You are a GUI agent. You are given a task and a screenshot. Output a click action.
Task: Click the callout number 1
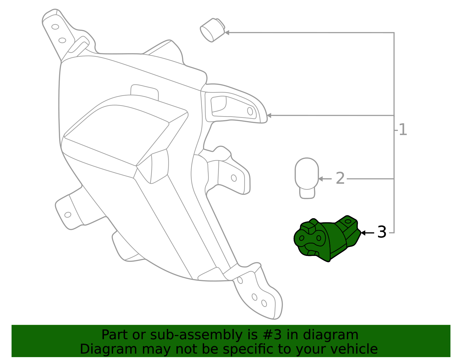pyautogui.click(x=403, y=130)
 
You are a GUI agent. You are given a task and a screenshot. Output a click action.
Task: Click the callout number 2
pyautogui.click(x=340, y=179)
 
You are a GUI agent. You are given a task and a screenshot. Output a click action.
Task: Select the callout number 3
pyautogui.click(x=382, y=232)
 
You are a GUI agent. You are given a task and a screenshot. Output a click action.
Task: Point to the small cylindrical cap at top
pyautogui.click(x=213, y=30)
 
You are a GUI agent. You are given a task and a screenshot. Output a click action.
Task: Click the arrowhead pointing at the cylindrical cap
pyautogui.click(x=227, y=33)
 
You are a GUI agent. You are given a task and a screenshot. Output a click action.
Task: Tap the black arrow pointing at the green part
pyautogui.click(x=367, y=233)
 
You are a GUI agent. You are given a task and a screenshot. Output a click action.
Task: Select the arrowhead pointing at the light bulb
pyautogui.click(x=321, y=179)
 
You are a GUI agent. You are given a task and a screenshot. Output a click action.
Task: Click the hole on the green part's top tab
pyautogui.click(x=348, y=221)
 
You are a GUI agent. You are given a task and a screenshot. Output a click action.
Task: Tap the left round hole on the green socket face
pyautogui.click(x=302, y=238)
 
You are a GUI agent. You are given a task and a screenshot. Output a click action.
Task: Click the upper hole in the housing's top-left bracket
pyautogui.click(x=55, y=27)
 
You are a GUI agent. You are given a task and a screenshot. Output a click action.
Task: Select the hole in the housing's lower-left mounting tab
pyautogui.click(x=68, y=215)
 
